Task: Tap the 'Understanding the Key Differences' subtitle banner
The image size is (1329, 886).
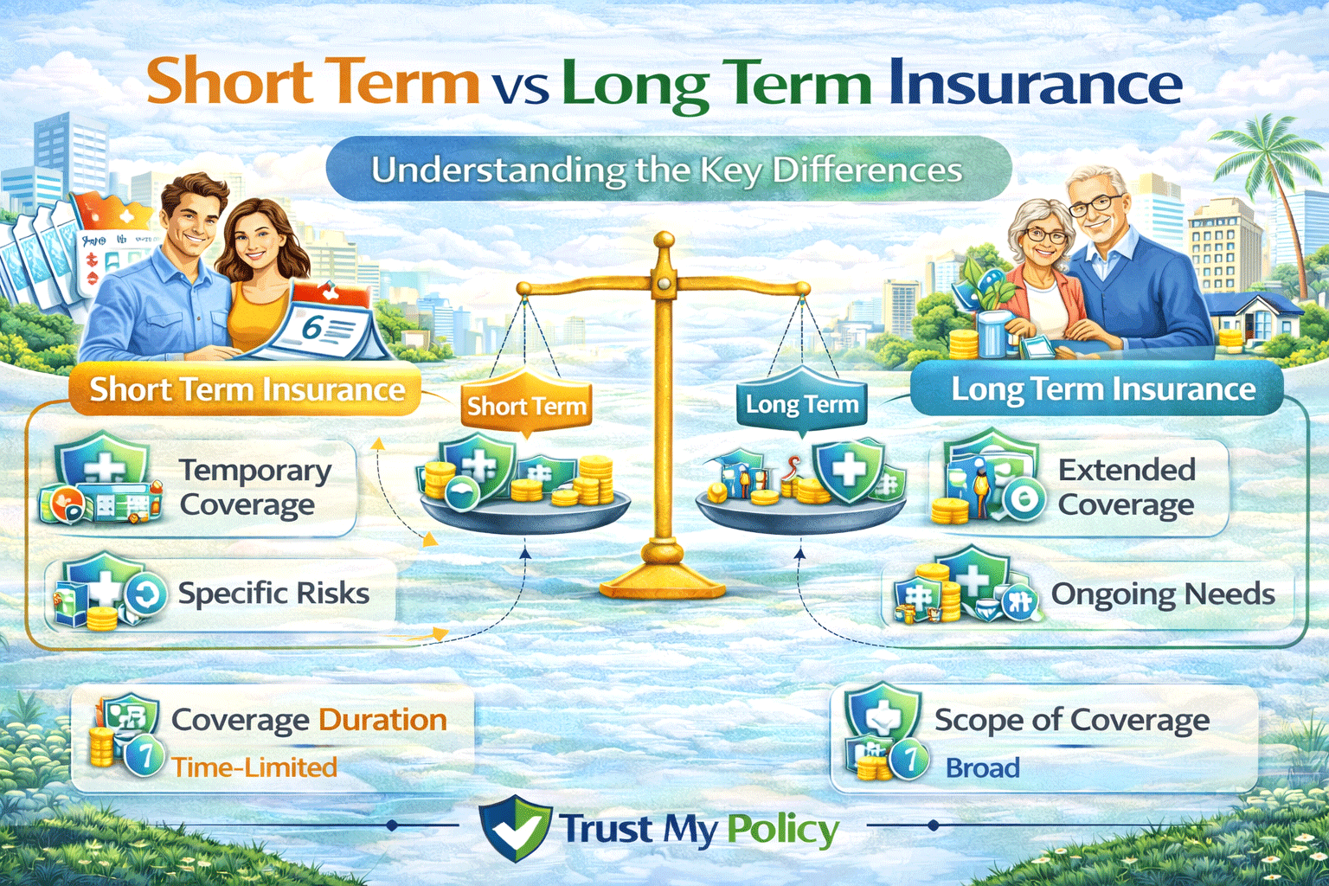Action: pyautogui.click(x=667, y=170)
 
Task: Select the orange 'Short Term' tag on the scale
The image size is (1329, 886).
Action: pyautogui.click(x=526, y=405)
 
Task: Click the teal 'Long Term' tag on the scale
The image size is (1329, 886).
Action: pyautogui.click(x=801, y=404)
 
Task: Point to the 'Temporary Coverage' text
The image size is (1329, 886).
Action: pyautogui.click(x=254, y=487)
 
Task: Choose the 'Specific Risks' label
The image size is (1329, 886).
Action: pyautogui.click(x=273, y=594)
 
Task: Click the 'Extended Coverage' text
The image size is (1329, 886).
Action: pyautogui.click(x=1127, y=487)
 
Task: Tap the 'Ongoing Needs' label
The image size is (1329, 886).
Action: pyautogui.click(x=1162, y=594)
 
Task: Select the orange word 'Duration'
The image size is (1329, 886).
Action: pyautogui.click(x=382, y=720)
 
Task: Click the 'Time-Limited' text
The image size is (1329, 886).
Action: pyautogui.click(x=254, y=767)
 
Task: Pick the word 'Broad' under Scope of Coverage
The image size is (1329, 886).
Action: pyautogui.click(x=982, y=767)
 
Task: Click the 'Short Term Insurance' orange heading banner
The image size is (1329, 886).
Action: pyautogui.click(x=247, y=390)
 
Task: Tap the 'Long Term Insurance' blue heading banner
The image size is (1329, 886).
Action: pyautogui.click(x=1103, y=389)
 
